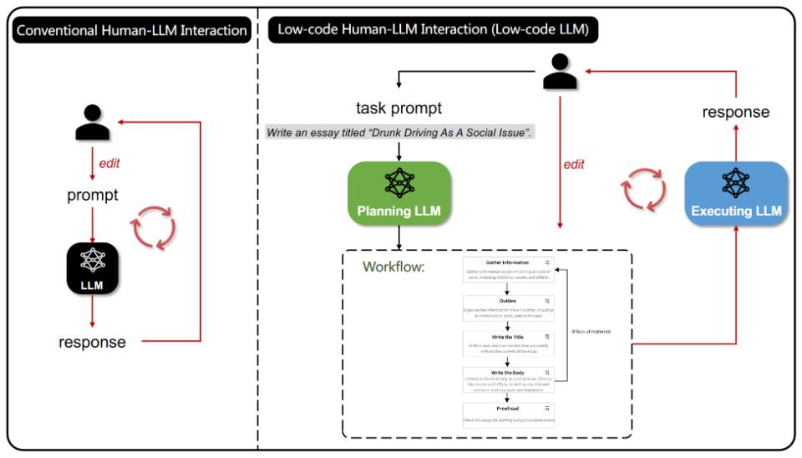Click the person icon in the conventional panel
(x=93, y=123)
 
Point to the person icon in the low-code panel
(x=561, y=73)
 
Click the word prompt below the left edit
(x=93, y=196)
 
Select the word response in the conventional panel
(x=92, y=342)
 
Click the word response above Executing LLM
(x=735, y=112)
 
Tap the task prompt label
(x=399, y=108)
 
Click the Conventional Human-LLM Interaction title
(x=132, y=31)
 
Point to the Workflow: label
(x=393, y=267)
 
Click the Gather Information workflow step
(x=508, y=272)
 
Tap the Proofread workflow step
(x=508, y=414)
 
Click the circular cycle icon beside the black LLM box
(x=153, y=227)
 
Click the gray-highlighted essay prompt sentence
(x=399, y=133)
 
